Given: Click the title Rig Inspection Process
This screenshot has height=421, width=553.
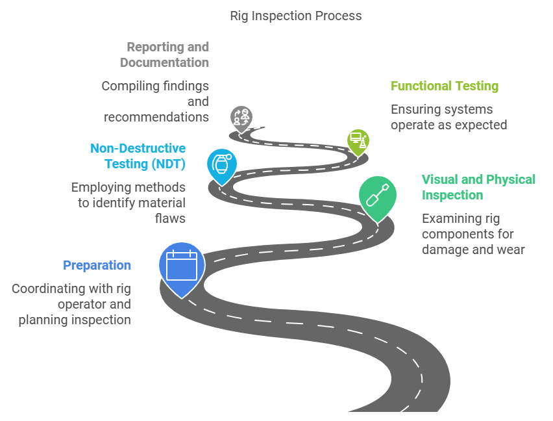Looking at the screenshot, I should point(296,16).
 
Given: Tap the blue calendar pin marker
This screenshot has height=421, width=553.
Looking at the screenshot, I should point(182,265).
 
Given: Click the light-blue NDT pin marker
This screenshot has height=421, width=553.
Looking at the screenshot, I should point(221,164).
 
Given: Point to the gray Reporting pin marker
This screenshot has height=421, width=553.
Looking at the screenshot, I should point(241,118).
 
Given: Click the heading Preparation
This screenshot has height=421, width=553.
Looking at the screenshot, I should point(97,265).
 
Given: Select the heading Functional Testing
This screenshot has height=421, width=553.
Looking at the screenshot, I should point(444,86).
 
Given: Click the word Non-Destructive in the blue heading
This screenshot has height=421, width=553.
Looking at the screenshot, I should point(138,148).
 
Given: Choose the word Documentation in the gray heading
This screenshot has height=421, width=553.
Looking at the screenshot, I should point(164,62).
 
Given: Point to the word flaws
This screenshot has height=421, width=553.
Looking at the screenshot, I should point(170,218).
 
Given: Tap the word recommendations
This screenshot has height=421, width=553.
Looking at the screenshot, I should point(156,117).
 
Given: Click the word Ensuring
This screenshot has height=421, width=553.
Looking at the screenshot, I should point(416,109).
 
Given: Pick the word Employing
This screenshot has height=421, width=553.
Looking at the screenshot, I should point(101,187).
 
